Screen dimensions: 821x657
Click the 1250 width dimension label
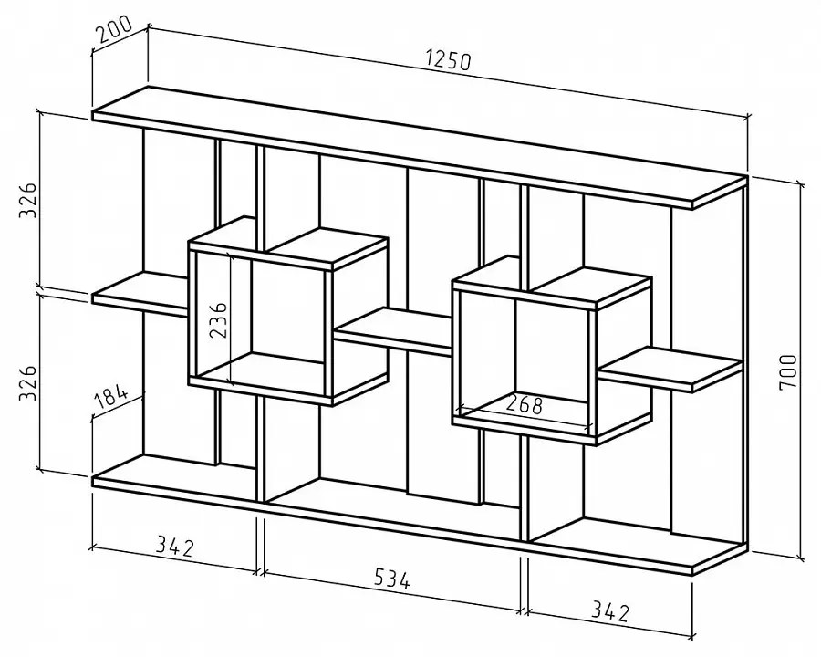pyautogui.click(x=448, y=59)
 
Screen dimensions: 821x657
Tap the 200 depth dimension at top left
pyautogui.click(x=114, y=30)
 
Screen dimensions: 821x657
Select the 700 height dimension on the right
pyautogui.click(x=788, y=371)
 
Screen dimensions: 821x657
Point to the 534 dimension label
pyautogui.click(x=392, y=579)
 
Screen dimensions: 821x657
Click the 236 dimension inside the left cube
pyautogui.click(x=218, y=319)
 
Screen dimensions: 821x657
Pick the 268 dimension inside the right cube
pyautogui.click(x=525, y=404)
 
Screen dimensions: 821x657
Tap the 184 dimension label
pyautogui.click(x=111, y=398)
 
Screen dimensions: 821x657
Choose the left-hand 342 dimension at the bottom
pyautogui.click(x=175, y=547)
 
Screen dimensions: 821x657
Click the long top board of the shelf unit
pyautogui.click(x=419, y=148)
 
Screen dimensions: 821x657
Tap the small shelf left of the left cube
pyautogui.click(x=140, y=294)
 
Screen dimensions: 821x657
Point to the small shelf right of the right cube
pyautogui.click(x=670, y=369)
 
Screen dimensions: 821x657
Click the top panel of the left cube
pyautogui.click(x=288, y=244)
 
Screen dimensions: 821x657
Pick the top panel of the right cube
pyautogui.click(x=553, y=282)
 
